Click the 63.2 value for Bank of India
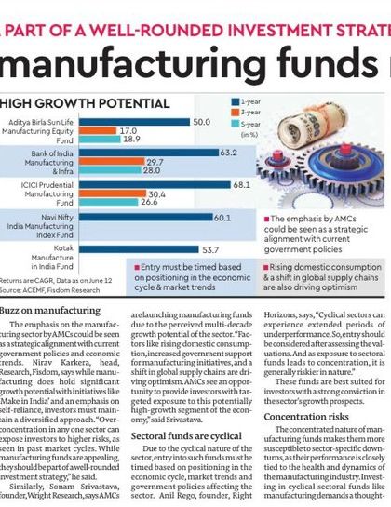tap(229, 153)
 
